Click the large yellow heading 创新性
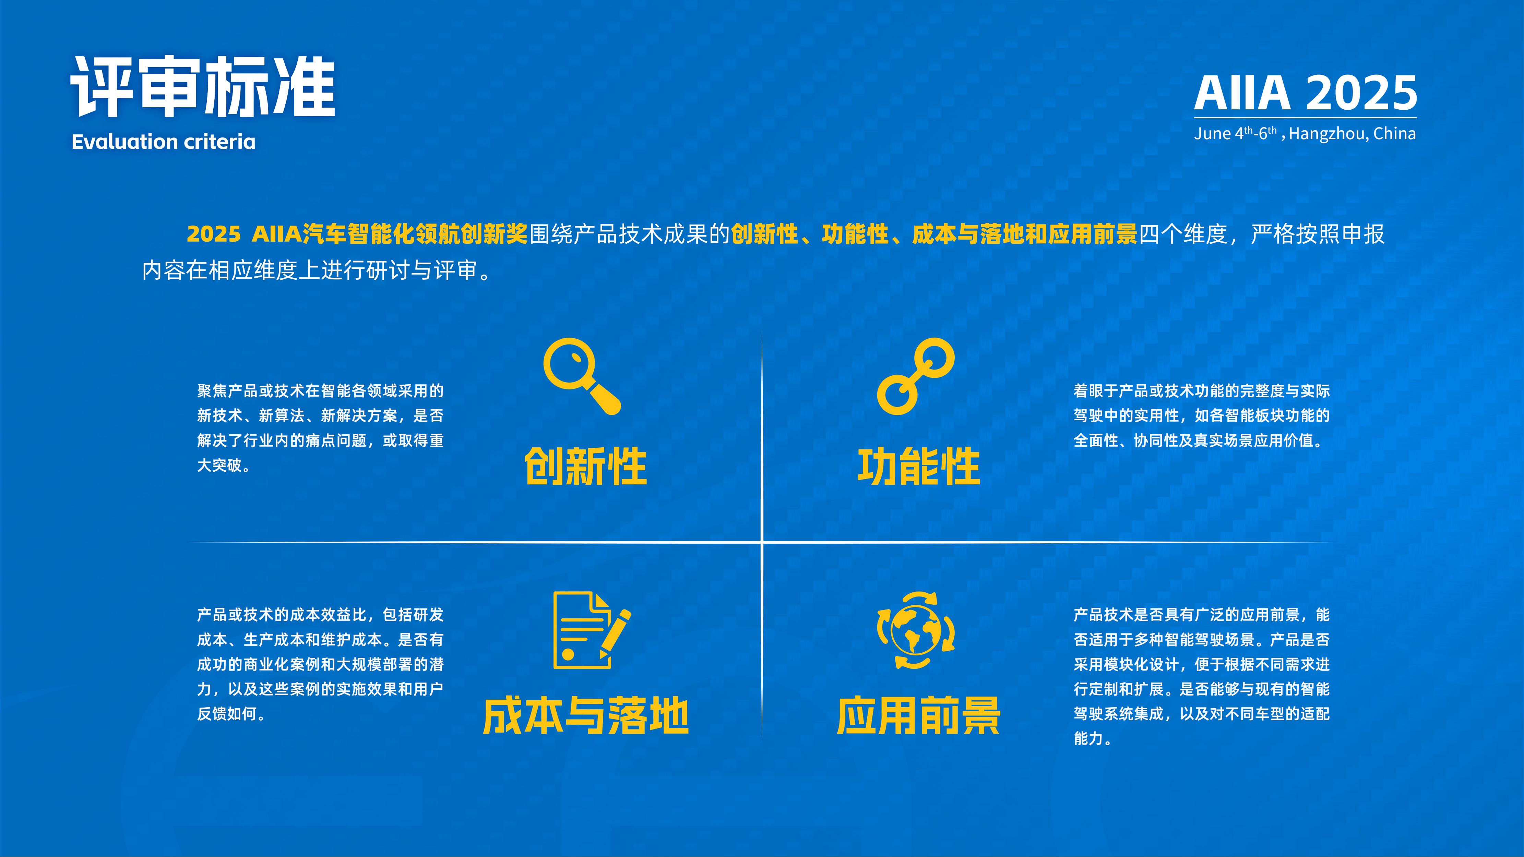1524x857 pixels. (x=586, y=467)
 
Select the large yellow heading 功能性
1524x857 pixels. (x=919, y=467)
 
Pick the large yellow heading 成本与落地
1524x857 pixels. (x=586, y=716)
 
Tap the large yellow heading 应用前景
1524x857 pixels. (x=919, y=716)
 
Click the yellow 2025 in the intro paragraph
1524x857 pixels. (x=214, y=234)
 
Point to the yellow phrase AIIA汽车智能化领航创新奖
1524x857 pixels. (x=389, y=234)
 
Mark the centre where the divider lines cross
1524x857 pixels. (x=762, y=542)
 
